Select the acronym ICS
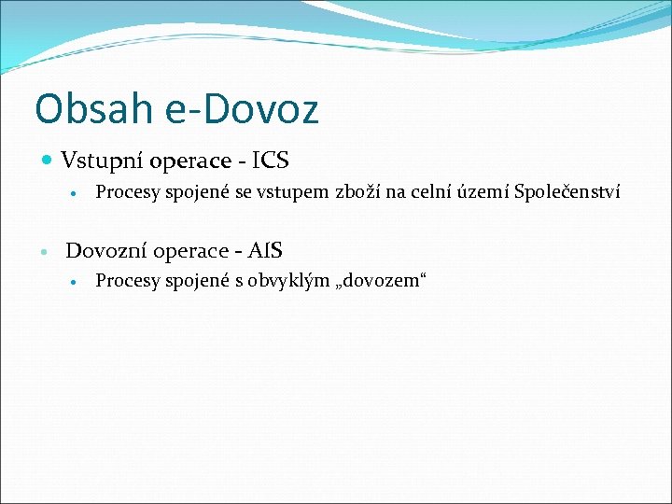pos(271,161)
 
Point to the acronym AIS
pos(264,250)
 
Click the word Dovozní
pos(105,250)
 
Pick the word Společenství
pos(567,192)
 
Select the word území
pos(484,192)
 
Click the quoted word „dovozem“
pos(378,281)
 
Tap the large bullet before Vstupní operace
pos(48,161)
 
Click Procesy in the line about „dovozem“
pos(125,281)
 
